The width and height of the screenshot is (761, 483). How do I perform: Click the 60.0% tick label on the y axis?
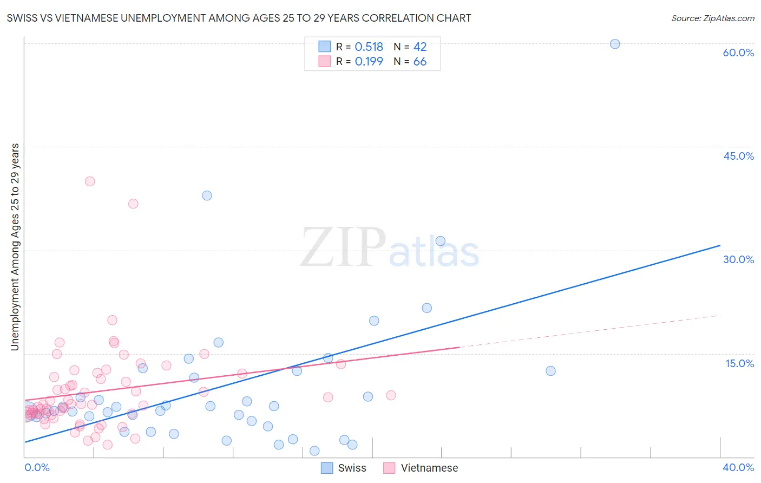pyautogui.click(x=738, y=53)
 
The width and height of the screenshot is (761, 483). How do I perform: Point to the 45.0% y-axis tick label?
pyautogui.click(x=738, y=156)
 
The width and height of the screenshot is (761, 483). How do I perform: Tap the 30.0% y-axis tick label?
pyautogui.click(x=738, y=259)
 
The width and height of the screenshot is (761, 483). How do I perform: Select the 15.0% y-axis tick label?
pyautogui.click(x=739, y=363)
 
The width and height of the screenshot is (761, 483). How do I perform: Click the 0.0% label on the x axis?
pyautogui.click(x=37, y=467)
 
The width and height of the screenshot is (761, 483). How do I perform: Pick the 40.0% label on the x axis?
pyautogui.click(x=738, y=467)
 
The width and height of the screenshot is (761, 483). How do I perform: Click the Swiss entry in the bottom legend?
pyautogui.click(x=344, y=468)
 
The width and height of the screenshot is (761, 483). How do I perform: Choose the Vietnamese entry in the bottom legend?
pyautogui.click(x=421, y=468)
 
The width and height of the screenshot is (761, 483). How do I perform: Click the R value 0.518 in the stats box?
pyautogui.click(x=369, y=47)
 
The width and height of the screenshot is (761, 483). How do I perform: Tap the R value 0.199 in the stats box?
pyautogui.click(x=369, y=62)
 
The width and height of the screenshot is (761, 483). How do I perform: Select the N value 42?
pyautogui.click(x=420, y=47)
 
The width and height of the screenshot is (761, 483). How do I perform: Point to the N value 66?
pyautogui.click(x=420, y=62)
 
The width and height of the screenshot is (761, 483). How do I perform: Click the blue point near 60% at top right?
pyautogui.click(x=615, y=44)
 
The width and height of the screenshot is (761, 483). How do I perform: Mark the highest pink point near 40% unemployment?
pyautogui.click(x=90, y=181)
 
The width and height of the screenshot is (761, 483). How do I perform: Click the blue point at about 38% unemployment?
pyautogui.click(x=207, y=195)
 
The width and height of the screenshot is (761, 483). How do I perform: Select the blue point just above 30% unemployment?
pyautogui.click(x=441, y=241)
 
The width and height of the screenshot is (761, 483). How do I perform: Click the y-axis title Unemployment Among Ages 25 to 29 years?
pyautogui.click(x=15, y=247)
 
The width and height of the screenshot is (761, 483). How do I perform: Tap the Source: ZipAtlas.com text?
pyautogui.click(x=712, y=18)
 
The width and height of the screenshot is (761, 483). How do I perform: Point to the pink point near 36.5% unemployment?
pyautogui.click(x=133, y=204)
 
